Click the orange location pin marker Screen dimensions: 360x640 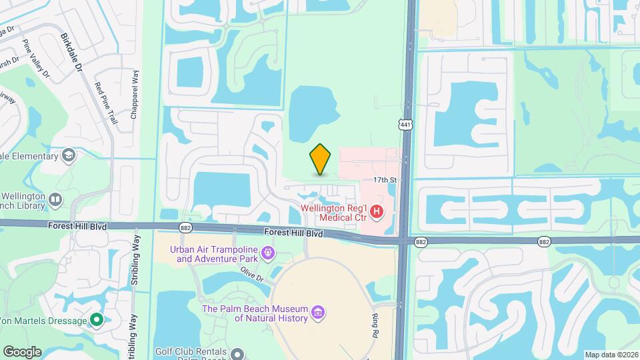click(320, 159)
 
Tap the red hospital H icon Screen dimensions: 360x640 click(377, 212)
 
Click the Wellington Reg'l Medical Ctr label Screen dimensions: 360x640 click(333, 212)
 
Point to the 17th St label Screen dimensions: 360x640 click(385, 180)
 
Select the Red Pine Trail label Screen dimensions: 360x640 click(106, 103)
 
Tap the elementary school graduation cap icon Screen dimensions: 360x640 click(67, 156)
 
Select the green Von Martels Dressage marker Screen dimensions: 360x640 click(97, 321)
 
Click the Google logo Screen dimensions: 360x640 click(22, 351)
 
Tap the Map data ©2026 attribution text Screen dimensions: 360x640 click(611, 355)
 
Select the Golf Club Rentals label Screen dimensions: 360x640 click(191, 351)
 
